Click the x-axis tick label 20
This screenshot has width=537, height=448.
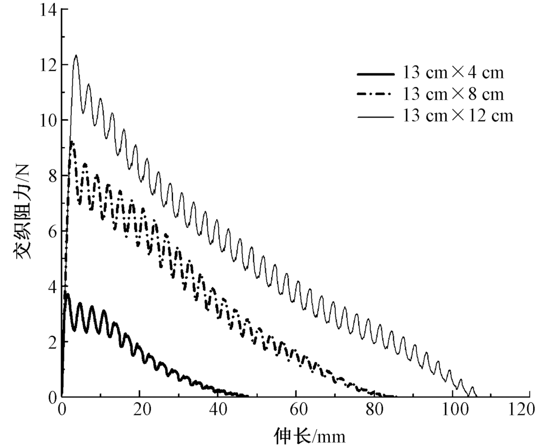(x=140, y=410)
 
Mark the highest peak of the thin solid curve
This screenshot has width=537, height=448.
(x=76, y=55)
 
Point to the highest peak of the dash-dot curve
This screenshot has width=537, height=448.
(x=72, y=142)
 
